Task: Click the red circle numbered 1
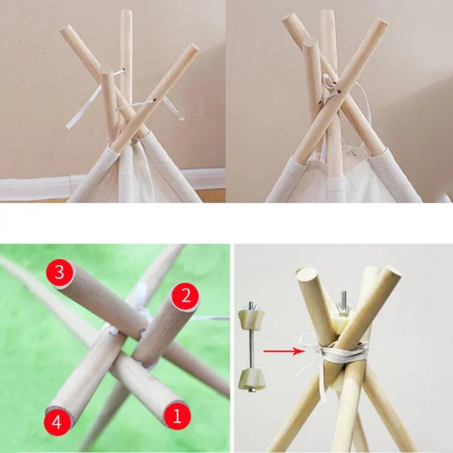point(177,416)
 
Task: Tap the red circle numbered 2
point(185,297)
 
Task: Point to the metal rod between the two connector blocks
point(251,345)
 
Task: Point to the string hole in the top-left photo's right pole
point(154,100)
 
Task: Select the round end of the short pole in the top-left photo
point(105,69)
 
